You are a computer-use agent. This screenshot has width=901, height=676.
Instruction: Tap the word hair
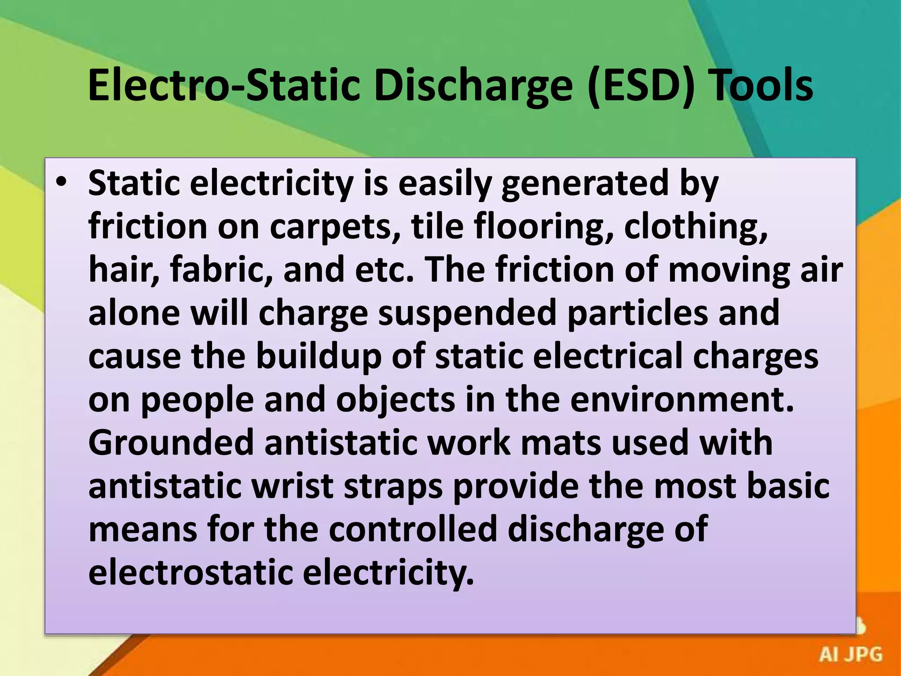click(124, 269)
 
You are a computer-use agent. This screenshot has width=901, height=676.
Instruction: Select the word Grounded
click(171, 443)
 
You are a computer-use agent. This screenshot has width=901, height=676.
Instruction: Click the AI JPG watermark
click(850, 654)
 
